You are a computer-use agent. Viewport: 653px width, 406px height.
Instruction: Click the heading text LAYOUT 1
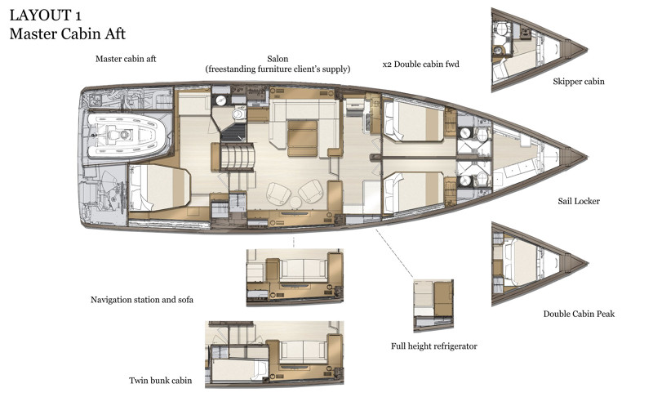(x=46, y=16)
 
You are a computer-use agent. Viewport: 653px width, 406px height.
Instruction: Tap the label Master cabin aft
(x=126, y=59)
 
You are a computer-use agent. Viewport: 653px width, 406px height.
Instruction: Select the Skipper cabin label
(x=579, y=82)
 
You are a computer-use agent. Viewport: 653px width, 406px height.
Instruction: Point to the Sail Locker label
(x=579, y=201)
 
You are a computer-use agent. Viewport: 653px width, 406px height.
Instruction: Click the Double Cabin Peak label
(x=579, y=314)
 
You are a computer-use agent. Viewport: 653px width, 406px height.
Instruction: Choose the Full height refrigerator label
(x=434, y=346)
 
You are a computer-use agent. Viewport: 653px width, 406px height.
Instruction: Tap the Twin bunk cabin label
(x=160, y=380)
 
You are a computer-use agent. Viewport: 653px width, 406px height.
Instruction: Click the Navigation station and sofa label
(x=142, y=300)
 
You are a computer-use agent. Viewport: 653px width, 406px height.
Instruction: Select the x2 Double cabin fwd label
(x=420, y=65)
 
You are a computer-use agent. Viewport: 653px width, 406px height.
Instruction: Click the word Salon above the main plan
(x=278, y=59)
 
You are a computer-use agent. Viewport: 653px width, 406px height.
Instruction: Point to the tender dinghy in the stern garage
(x=127, y=134)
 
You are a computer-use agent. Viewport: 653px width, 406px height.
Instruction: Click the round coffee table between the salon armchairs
(x=295, y=203)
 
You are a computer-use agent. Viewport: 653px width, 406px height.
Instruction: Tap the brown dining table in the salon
(x=302, y=138)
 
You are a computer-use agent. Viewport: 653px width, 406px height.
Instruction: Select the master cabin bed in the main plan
(x=159, y=188)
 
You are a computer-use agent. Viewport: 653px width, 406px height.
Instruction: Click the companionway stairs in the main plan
(x=237, y=156)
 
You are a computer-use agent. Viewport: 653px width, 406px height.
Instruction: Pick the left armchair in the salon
(x=278, y=194)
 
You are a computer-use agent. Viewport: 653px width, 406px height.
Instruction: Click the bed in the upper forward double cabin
(x=414, y=121)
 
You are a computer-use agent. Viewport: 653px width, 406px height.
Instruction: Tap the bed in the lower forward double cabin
(x=414, y=193)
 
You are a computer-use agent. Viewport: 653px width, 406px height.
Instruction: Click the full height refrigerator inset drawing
(x=433, y=306)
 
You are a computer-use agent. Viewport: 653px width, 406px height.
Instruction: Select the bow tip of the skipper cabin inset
(x=587, y=49)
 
